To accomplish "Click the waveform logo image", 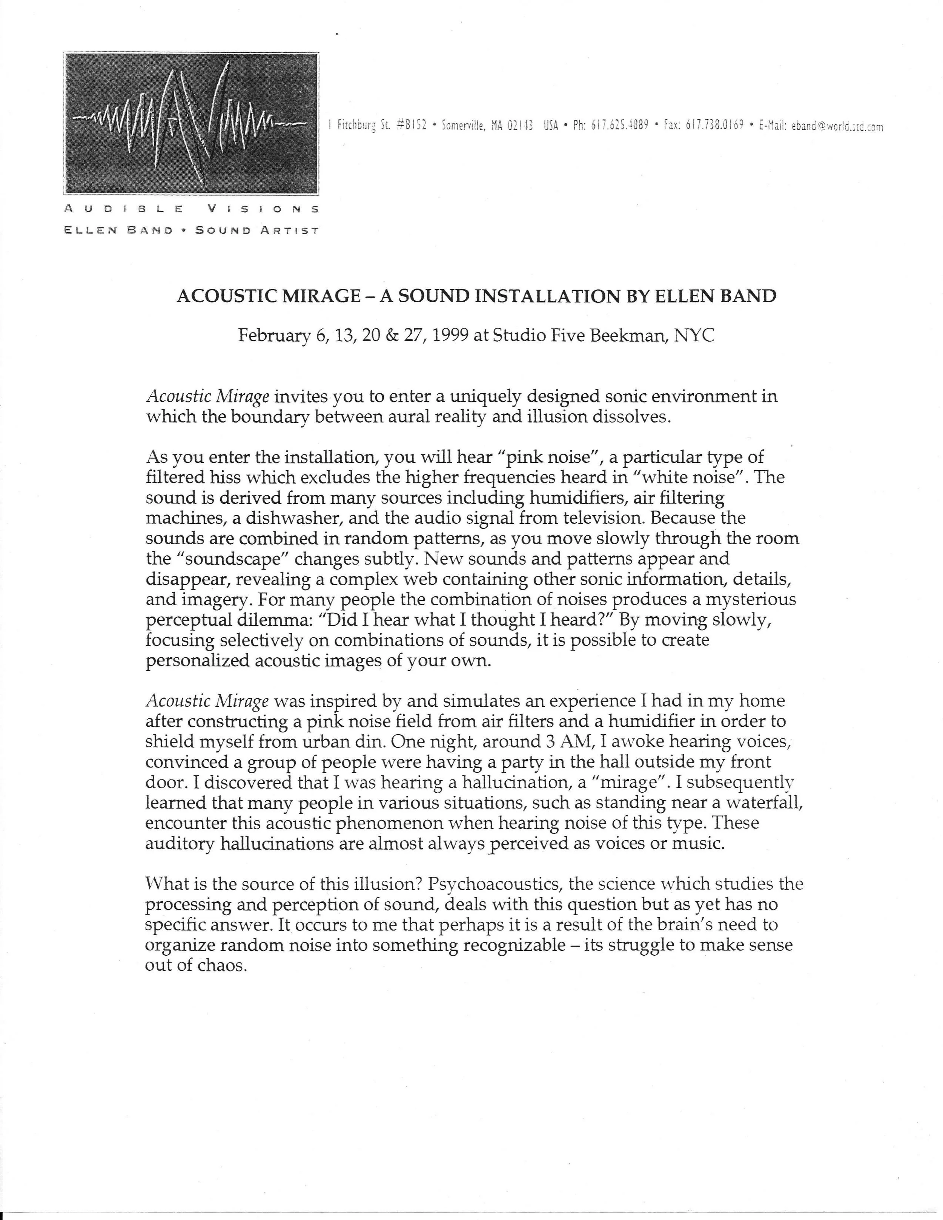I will (191, 123).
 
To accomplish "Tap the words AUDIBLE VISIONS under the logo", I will (191, 209).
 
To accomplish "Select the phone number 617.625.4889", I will (619, 125).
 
